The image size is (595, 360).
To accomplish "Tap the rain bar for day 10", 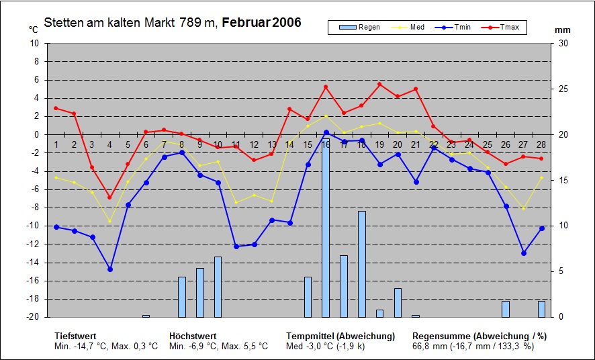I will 218,287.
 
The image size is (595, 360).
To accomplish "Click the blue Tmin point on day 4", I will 110,269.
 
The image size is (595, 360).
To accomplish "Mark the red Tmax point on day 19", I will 379,85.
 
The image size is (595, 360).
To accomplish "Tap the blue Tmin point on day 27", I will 524,253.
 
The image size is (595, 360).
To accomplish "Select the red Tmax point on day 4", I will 110,197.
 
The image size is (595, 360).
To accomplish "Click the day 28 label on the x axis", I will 541,145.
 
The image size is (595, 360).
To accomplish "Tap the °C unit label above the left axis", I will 34,30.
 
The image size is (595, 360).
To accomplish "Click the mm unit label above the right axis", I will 562,30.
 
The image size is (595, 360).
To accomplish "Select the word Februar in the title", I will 246,23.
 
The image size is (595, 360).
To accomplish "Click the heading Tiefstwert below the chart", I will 75,336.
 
